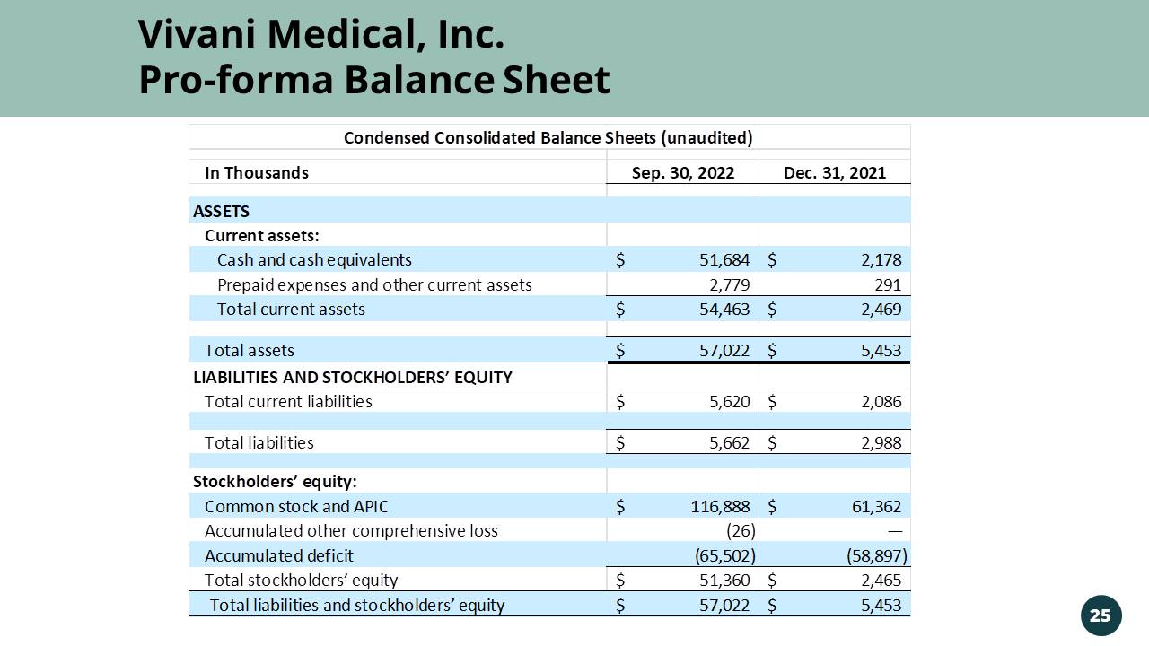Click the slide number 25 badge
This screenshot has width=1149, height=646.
pos(1101,615)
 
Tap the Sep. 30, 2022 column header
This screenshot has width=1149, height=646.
pos(683,173)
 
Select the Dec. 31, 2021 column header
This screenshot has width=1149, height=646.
pos(835,173)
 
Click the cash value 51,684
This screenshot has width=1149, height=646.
pos(724,260)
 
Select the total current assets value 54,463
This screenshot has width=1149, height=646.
pos(724,310)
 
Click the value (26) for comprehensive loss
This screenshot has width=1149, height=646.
pos(741,531)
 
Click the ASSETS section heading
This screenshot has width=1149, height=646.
pos(222,212)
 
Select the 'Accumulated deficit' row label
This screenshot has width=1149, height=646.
pos(279,556)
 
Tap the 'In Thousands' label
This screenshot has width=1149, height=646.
pos(257,173)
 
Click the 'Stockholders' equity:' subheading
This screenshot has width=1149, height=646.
pos(275,482)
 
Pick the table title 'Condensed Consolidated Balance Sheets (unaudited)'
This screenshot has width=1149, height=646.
pos(548,138)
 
